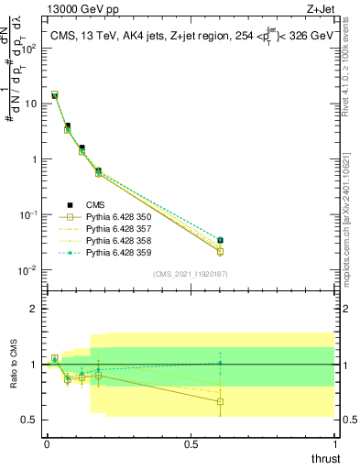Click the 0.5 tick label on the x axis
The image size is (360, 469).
click(x=191, y=443)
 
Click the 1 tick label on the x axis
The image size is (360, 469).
click(x=335, y=443)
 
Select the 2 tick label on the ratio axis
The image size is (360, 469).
click(x=34, y=309)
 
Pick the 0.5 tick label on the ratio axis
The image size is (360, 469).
click(x=29, y=420)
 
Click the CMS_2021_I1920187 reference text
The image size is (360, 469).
click(x=191, y=274)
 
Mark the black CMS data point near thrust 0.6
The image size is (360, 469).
click(x=220, y=241)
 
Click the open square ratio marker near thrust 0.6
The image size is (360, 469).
click(x=220, y=401)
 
